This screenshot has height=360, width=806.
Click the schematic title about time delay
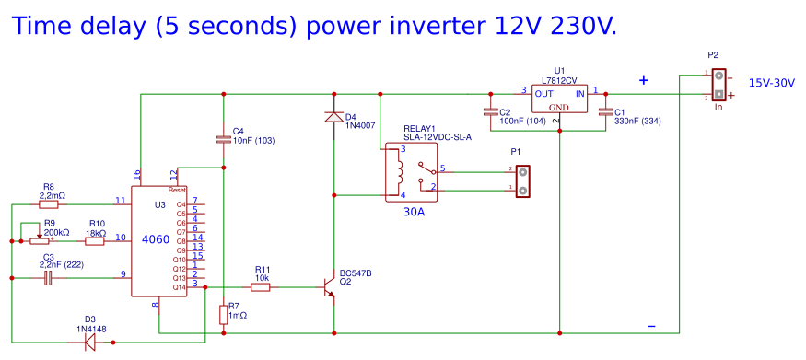tap(313, 26)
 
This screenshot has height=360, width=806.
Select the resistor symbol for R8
tap(50, 204)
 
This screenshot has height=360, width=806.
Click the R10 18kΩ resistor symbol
tap(95, 241)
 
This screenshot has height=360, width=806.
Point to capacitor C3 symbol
tap(48, 276)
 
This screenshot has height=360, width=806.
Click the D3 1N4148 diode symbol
tap(89, 342)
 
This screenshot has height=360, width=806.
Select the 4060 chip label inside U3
tap(155, 239)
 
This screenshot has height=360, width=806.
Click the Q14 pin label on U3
tap(180, 287)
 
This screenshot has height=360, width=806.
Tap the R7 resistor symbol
tap(223, 315)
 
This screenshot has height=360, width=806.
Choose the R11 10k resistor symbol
tap(261, 287)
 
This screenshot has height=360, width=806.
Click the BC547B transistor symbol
tap(328, 287)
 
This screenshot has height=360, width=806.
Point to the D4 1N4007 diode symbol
tap(333, 117)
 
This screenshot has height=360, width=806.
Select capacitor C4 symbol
tap(223, 139)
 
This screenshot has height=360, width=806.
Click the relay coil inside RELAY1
tap(399, 171)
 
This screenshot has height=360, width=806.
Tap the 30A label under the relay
tap(414, 213)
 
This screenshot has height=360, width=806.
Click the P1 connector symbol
tap(522, 180)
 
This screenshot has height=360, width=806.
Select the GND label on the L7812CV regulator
tap(559, 108)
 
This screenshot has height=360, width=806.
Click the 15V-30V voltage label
tap(772, 83)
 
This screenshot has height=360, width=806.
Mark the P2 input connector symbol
tap(718, 85)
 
